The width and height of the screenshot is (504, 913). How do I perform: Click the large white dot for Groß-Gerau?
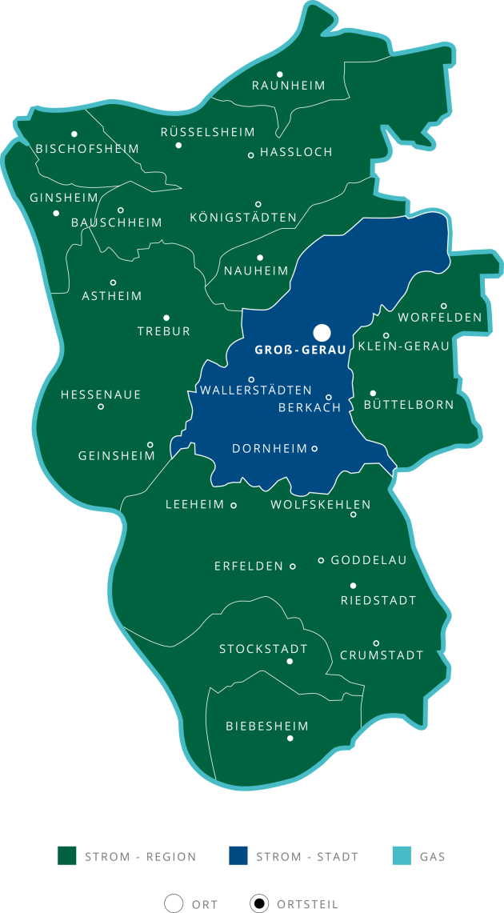(x=322, y=332)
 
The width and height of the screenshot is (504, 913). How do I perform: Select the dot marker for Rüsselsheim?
(x=178, y=146)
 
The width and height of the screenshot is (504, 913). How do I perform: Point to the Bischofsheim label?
(x=87, y=149)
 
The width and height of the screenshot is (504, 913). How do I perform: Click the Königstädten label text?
(x=243, y=218)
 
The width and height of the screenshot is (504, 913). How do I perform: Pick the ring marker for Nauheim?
(x=260, y=258)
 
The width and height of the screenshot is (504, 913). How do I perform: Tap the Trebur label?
(x=164, y=331)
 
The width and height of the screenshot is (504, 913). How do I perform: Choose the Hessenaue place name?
(x=101, y=394)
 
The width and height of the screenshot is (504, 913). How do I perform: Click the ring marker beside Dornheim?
(x=314, y=449)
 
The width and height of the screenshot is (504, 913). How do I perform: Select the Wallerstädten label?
(x=255, y=390)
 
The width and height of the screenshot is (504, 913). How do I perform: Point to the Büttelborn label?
(x=409, y=405)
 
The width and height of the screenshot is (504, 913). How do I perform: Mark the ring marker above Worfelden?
(x=444, y=306)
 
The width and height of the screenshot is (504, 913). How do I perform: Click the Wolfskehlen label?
(x=321, y=504)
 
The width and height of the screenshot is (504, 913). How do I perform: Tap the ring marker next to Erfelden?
(x=293, y=567)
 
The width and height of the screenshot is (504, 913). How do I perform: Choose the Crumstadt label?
(x=382, y=655)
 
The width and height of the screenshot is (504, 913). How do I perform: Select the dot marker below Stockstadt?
(x=290, y=662)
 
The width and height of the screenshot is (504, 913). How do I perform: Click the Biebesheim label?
(x=267, y=727)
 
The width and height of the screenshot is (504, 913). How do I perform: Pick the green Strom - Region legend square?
(x=66, y=856)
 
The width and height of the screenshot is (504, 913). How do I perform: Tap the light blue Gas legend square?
(x=402, y=856)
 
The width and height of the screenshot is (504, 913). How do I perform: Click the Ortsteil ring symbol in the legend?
(x=258, y=904)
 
